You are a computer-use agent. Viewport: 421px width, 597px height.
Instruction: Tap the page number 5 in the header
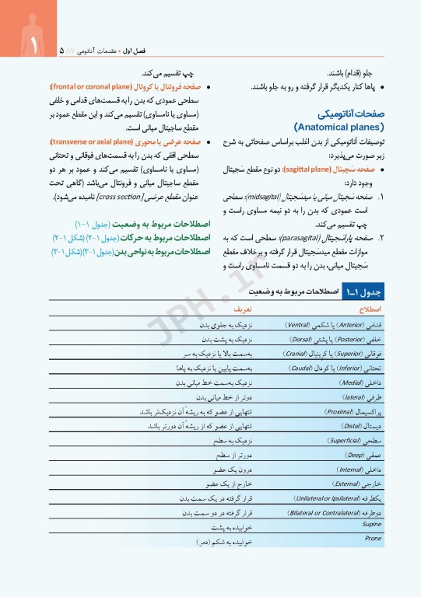coord(61,51)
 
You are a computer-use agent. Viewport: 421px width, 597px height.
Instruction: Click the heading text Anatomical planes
coord(340,126)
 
